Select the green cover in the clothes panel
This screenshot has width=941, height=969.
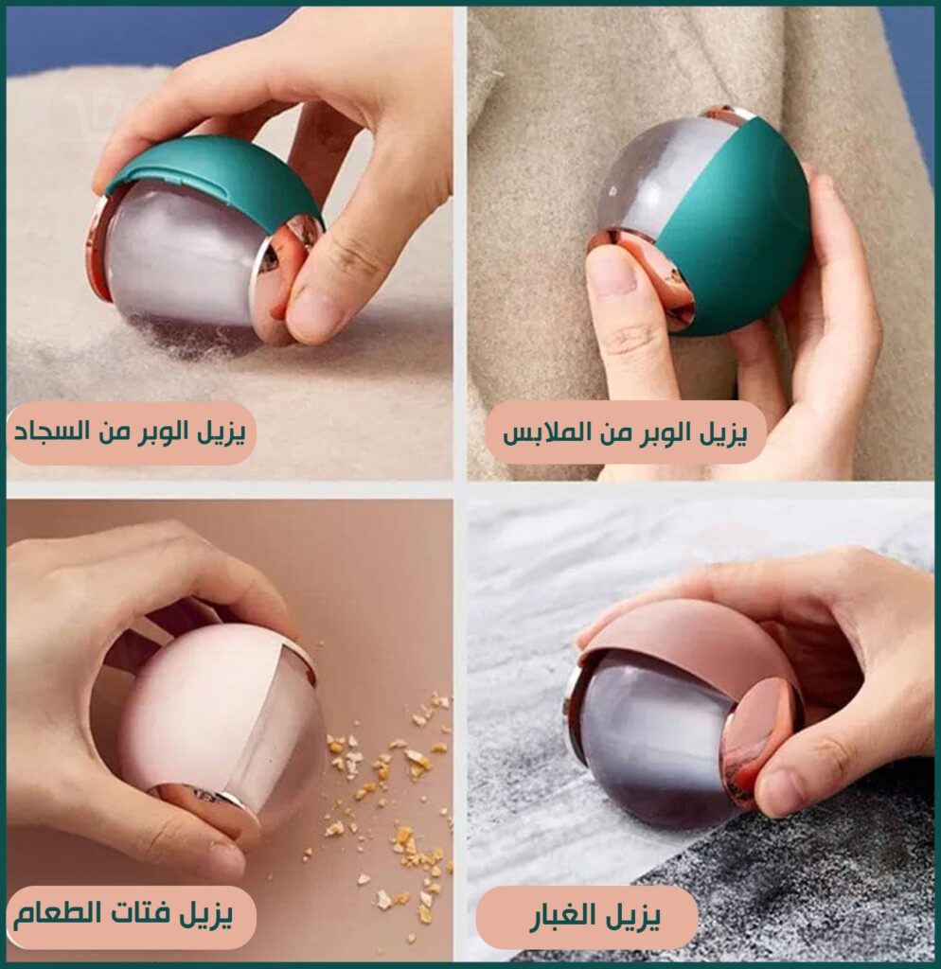736,229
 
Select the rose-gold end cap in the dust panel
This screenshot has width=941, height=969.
757,742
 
